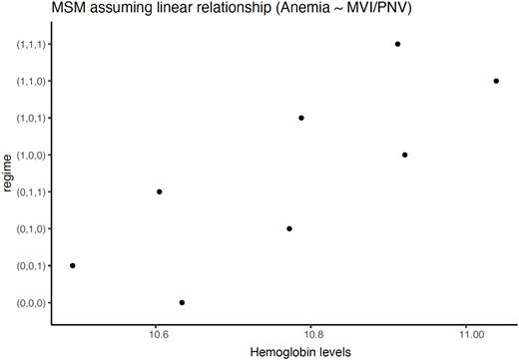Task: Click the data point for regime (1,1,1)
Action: point(397,44)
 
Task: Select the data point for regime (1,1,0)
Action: point(496,81)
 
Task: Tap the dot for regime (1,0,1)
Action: point(300,118)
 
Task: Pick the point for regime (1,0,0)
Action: point(404,155)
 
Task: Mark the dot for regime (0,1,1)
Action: point(160,191)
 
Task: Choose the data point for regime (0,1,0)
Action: point(289,228)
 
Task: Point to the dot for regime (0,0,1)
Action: point(73,265)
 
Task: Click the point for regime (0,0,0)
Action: point(182,302)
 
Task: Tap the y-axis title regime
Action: point(8,173)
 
